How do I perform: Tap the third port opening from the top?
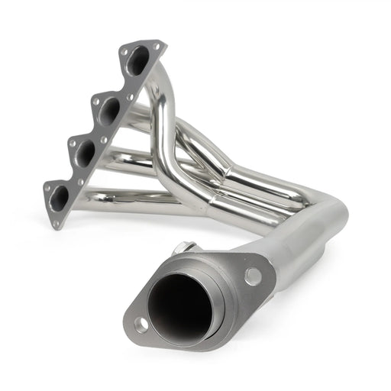[x=85, y=153]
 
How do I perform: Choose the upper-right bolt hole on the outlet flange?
[x=252, y=276]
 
